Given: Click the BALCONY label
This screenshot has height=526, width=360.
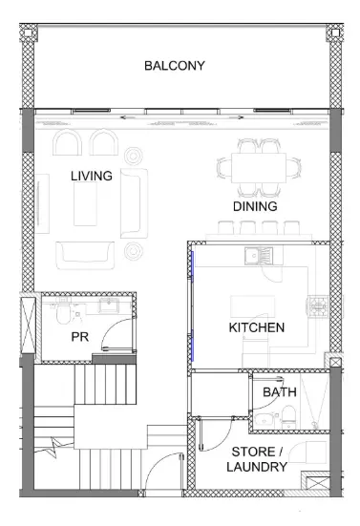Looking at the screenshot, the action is coord(175,66).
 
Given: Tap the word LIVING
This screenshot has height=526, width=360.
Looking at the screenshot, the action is coord(92,176).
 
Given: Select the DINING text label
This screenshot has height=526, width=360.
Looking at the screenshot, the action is coord(255,206).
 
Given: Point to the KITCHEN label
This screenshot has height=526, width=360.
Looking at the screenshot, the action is coord(257,327).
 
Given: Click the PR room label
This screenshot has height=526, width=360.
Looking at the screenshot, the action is coord(80,337).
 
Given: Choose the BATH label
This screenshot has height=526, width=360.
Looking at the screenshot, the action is coord(280,391).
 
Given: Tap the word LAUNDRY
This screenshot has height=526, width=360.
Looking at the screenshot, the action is coord(257,467).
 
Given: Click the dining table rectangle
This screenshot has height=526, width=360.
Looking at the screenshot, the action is coord(259,168).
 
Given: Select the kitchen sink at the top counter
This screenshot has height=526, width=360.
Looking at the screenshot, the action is coord(259,256).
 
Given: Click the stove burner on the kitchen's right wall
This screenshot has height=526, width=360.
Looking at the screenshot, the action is coord(317,305).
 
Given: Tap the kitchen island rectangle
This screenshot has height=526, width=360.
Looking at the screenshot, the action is coord(252,306).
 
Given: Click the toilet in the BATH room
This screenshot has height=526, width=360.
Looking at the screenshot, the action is coord(288,416).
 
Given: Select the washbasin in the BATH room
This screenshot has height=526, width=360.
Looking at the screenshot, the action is coord(265,420).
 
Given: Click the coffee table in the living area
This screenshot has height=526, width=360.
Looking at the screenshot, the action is coord(85,203).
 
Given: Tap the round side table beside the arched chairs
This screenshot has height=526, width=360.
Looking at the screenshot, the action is coord(133,156).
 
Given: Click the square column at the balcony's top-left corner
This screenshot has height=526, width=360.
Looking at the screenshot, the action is coord(28,32).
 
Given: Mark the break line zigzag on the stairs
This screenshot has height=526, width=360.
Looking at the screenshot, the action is coord(54,447).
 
